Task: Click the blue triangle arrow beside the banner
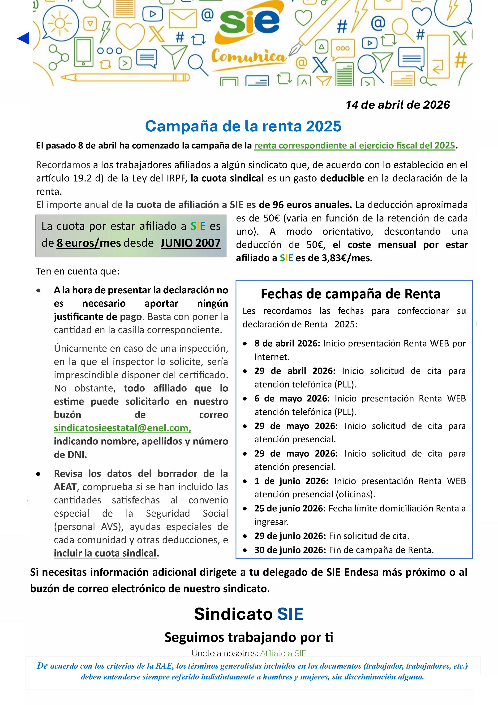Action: pyautogui.click(x=23, y=38)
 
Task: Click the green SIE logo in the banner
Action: pyautogui.click(x=249, y=22)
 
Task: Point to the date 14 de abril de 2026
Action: pyautogui.click(x=397, y=105)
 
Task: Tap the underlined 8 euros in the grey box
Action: pyautogui.click(x=78, y=243)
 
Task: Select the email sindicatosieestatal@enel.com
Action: pyautogui.click(x=122, y=428)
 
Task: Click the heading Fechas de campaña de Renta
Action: pyautogui.click(x=350, y=294)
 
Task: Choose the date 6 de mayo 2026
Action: pyautogui.click(x=292, y=398)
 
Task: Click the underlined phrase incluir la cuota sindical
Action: pyautogui.click(x=105, y=553)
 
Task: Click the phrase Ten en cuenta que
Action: pyautogui.click(x=78, y=271)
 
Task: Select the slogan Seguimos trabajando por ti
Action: pyautogui.click(x=249, y=637)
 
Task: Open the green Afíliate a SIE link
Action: pyautogui.click(x=283, y=653)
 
